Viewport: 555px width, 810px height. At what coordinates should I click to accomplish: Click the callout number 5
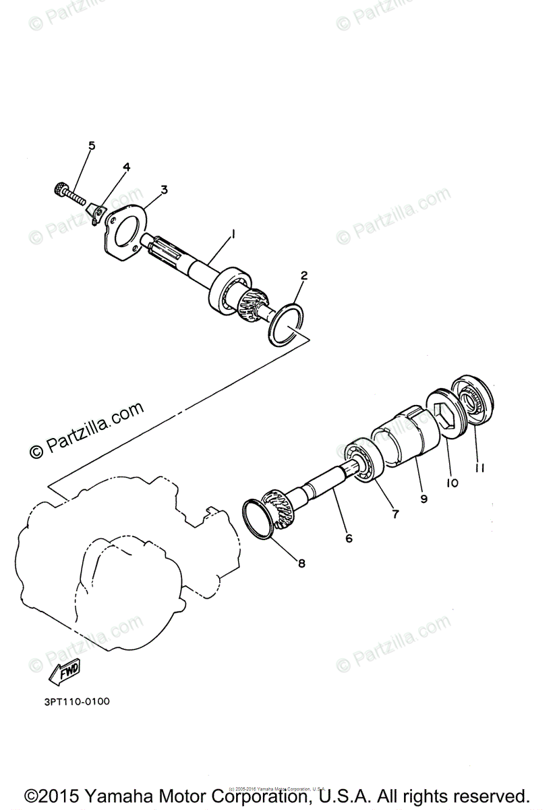92,145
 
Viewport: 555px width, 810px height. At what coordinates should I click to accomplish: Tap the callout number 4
126,167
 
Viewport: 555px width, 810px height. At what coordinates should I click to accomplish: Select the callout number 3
164,190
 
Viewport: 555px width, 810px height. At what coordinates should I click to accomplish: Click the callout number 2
304,275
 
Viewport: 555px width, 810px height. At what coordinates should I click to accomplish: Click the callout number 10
452,483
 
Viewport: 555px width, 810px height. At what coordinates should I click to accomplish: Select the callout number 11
479,466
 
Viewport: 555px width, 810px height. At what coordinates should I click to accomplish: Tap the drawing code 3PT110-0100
76,701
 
